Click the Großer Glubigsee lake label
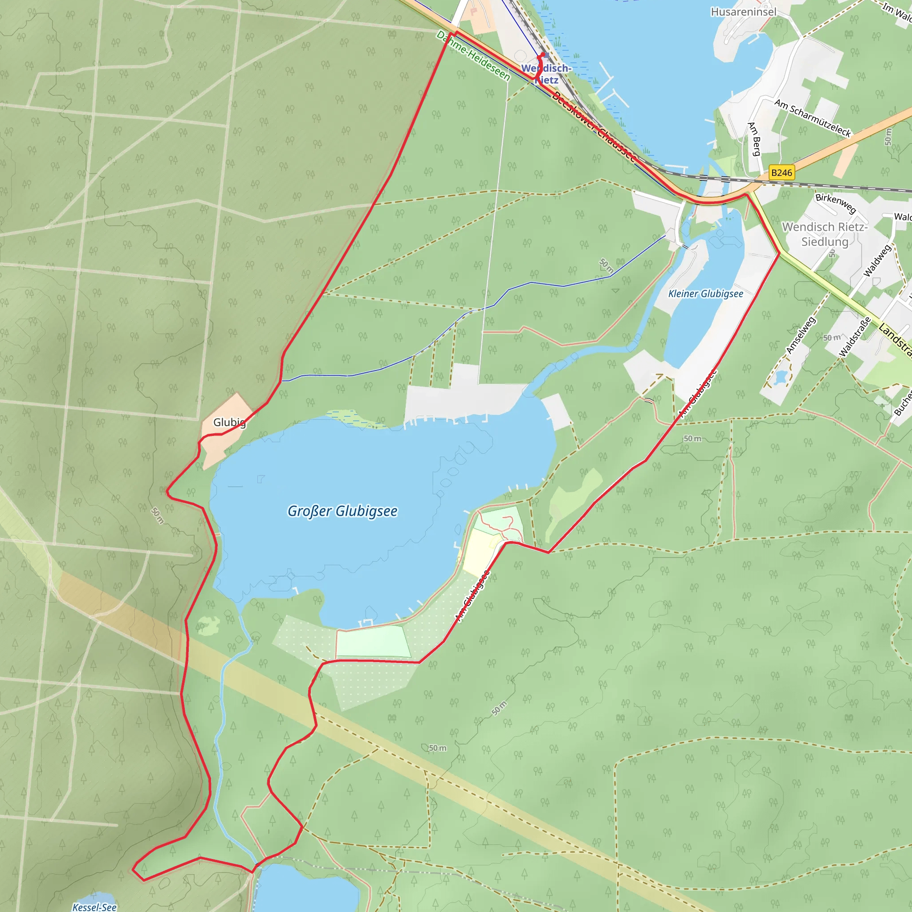click(342, 511)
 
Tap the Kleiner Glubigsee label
click(705, 293)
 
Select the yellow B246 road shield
click(781, 173)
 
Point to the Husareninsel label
click(744, 12)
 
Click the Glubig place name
click(229, 422)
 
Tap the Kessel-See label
click(94, 907)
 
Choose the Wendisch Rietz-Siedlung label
click(825, 234)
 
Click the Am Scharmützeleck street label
click(812, 118)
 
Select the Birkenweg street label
click(835, 203)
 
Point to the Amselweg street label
click(801, 335)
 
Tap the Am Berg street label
click(754, 139)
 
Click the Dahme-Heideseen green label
click(473, 56)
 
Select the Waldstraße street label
click(855, 337)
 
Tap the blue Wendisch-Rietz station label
click(546, 74)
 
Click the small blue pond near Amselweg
click(781, 377)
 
